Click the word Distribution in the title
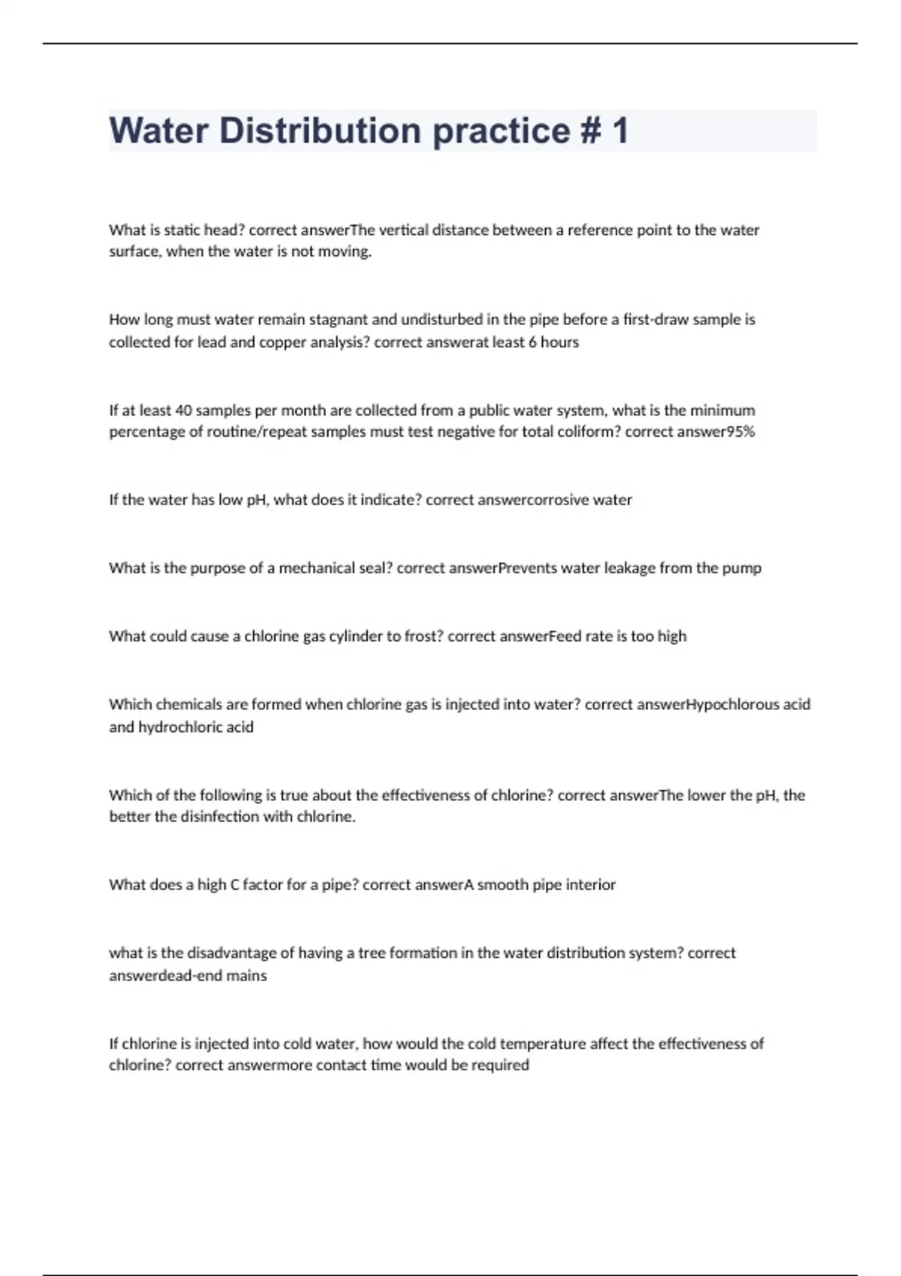[x=320, y=131]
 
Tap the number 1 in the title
[x=619, y=131]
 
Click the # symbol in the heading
[x=590, y=131]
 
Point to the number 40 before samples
[x=183, y=411]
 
